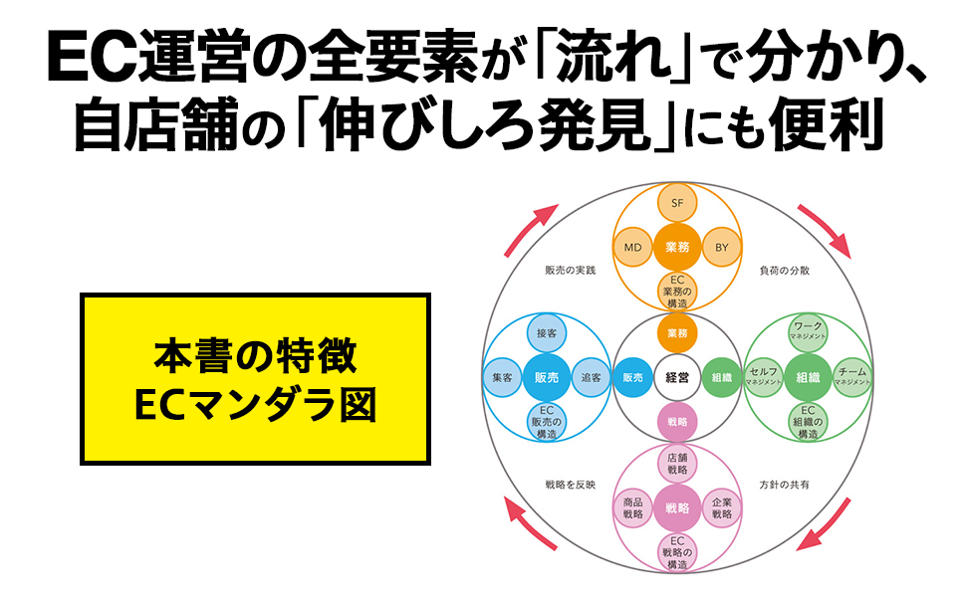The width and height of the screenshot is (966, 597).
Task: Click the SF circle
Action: click(677, 203)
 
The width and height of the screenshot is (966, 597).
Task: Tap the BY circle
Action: click(722, 246)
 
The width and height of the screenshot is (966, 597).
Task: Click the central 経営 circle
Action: click(677, 377)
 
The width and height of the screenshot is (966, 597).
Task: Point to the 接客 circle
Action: click(546, 332)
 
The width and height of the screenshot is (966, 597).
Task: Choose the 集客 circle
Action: click(502, 377)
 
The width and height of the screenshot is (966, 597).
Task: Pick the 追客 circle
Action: click(591, 377)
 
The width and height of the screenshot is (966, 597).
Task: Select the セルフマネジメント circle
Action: click(764, 377)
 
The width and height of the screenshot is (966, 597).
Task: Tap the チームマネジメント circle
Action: click(852, 377)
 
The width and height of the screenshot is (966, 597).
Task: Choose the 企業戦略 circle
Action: click(722, 508)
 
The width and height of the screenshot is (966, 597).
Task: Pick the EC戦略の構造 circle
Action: click(677, 551)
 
